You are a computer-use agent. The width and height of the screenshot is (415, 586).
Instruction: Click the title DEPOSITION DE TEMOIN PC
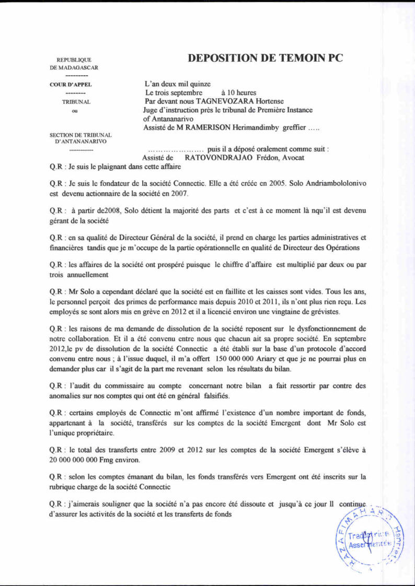(265, 58)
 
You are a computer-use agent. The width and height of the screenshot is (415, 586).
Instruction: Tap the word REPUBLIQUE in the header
(74, 60)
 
